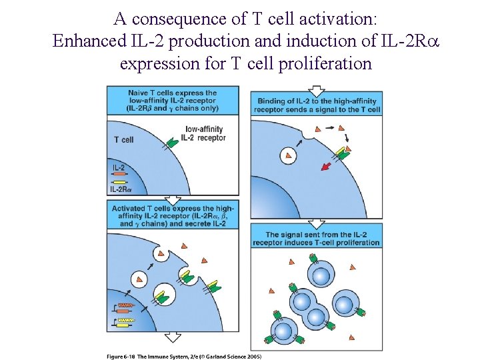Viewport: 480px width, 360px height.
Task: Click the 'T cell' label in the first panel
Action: [124, 140]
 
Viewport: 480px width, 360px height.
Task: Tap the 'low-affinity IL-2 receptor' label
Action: [205, 133]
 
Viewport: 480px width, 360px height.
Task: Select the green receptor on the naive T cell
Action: [171, 141]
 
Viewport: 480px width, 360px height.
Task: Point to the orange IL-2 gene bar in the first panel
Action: [120, 175]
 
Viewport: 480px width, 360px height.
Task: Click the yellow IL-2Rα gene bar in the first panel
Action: [120, 182]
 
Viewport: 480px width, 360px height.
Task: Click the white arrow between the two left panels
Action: [173, 199]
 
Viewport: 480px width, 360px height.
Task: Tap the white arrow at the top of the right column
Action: [317, 89]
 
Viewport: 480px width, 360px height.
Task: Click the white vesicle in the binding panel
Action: [288, 155]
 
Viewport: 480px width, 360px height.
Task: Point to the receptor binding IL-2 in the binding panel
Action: [343, 153]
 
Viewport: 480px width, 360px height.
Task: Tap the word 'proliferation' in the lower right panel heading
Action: [355, 243]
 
